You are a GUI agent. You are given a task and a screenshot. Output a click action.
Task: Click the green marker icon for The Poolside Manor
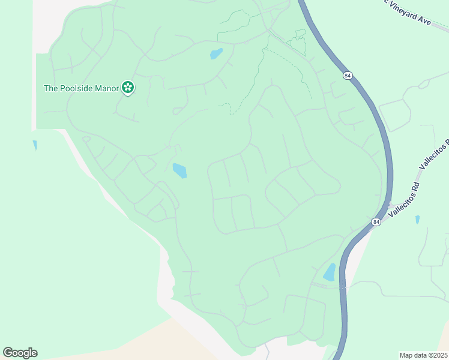(127, 88)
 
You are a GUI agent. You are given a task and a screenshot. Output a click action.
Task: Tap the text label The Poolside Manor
(82, 88)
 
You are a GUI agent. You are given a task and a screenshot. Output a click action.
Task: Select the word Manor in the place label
(107, 88)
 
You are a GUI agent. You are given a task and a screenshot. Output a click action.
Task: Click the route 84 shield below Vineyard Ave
(348, 76)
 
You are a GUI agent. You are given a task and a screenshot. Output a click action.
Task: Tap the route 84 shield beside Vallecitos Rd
(376, 222)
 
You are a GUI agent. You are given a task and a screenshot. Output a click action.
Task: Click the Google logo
(20, 353)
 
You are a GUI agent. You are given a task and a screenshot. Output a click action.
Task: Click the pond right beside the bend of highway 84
(330, 272)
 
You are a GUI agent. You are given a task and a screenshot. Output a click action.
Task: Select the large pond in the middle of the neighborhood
(179, 171)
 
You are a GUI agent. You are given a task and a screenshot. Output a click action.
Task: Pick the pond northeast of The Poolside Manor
(216, 54)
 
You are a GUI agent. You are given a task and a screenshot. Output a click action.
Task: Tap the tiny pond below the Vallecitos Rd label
(417, 220)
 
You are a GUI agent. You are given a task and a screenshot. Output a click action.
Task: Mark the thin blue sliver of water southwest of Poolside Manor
(35, 145)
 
